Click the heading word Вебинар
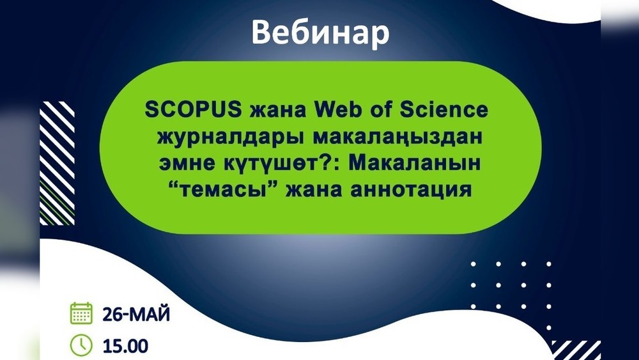320,33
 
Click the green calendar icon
81,313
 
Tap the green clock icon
81,345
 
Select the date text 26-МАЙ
136,315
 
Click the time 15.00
125,347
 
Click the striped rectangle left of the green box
57,163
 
